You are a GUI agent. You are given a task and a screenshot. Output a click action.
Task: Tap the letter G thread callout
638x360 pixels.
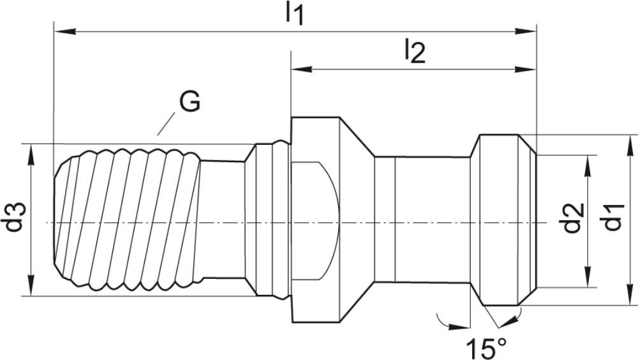click(x=190, y=101)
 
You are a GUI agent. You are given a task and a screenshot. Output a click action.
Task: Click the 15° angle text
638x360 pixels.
click(x=486, y=347)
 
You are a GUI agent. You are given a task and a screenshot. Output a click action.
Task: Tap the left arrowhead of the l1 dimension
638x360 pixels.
click(x=65, y=31)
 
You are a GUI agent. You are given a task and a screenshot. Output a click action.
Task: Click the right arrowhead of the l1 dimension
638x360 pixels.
click(x=525, y=31)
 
